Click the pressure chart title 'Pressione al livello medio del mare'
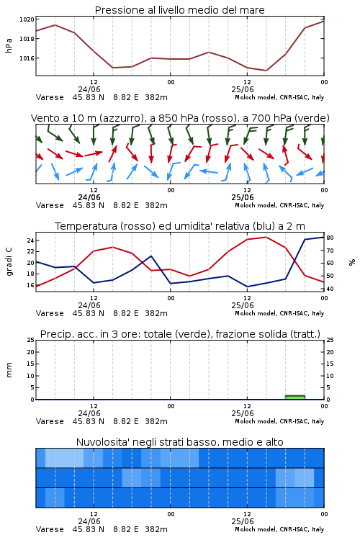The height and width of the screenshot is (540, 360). (179, 10)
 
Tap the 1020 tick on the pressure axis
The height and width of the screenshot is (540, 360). (27, 19)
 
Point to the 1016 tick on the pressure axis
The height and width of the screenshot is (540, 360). (27, 58)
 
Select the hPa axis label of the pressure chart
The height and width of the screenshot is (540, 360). (9, 45)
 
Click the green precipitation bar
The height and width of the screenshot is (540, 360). (295, 397)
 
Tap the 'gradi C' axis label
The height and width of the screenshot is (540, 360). (9, 262)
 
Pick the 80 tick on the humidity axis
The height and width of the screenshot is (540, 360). (330, 238)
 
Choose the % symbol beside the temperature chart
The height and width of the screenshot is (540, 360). (352, 262)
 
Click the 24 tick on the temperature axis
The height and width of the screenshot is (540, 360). (30, 240)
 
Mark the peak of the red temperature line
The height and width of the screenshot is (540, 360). (266, 237)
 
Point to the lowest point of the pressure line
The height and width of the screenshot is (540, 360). (266, 71)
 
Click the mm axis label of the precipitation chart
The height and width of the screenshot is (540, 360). (9, 369)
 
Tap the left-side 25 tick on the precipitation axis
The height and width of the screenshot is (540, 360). (31, 340)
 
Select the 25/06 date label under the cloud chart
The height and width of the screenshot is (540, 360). (243, 521)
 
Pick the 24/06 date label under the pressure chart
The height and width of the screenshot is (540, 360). (89, 89)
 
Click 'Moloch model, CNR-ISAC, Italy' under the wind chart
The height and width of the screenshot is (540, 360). (279, 205)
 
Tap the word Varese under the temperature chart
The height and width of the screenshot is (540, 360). (50, 313)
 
